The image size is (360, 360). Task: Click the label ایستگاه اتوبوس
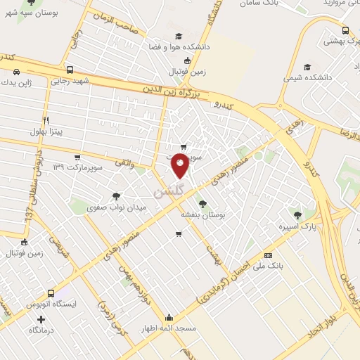(x=50, y=305)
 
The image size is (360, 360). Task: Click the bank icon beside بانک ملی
(x=267, y=255)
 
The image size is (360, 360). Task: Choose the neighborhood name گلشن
(x=169, y=191)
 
